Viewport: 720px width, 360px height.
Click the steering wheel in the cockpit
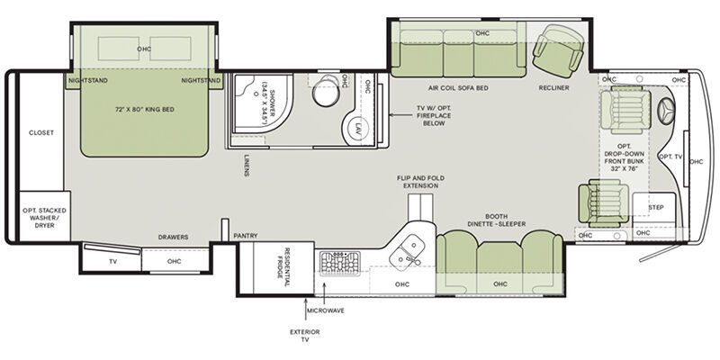pyautogui.click(x=666, y=111)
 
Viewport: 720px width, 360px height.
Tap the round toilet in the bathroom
pyautogui.click(x=326, y=92)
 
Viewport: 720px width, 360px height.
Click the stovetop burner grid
pyautogui.click(x=340, y=263)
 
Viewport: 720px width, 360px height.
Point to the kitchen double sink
pyautogui.click(x=406, y=252)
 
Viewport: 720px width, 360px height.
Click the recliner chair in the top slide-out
pyautogui.click(x=557, y=51)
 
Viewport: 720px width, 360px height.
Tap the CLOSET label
pyautogui.click(x=41, y=132)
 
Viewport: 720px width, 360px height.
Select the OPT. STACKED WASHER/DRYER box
pyautogui.click(x=44, y=216)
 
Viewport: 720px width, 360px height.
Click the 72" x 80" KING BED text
pyautogui.click(x=145, y=109)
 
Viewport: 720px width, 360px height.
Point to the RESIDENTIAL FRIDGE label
pyautogui.click(x=283, y=267)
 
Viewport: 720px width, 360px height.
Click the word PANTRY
pyautogui.click(x=246, y=236)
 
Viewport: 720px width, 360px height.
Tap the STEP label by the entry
pyautogui.click(x=656, y=208)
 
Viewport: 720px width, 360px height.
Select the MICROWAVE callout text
pyautogui.click(x=326, y=310)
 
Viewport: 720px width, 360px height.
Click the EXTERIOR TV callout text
pyautogui.click(x=305, y=336)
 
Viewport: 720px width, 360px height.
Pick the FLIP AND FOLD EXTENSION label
pyautogui.click(x=420, y=182)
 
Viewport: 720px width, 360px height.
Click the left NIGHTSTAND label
pyautogui.click(x=88, y=80)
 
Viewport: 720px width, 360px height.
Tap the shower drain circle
pyautogui.click(x=254, y=93)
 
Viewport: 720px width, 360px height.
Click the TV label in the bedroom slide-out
pyautogui.click(x=113, y=261)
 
